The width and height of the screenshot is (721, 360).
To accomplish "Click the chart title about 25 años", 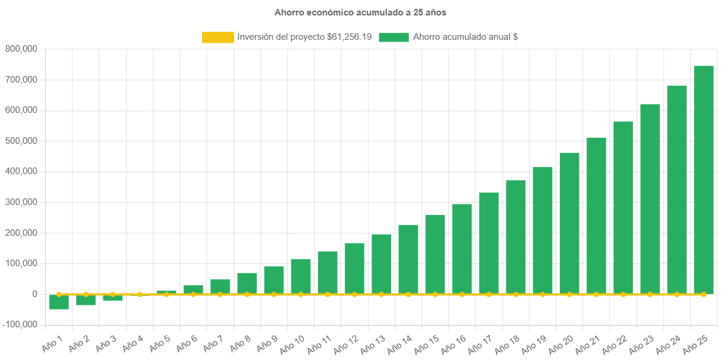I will click(x=360, y=12).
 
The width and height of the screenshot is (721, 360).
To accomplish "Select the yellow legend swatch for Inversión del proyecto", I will click(x=218, y=37).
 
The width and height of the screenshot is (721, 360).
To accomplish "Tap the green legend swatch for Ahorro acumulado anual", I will click(x=393, y=37).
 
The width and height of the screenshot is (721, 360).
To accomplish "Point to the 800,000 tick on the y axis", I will click(x=21, y=49).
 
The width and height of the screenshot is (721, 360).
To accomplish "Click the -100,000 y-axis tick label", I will click(x=20, y=324).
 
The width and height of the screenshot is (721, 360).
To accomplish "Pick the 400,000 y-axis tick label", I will click(x=21, y=171).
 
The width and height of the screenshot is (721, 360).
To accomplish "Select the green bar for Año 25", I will click(x=704, y=178).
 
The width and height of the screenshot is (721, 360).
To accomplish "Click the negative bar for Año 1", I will click(x=59, y=302).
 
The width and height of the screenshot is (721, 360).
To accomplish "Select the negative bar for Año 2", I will click(x=86, y=300).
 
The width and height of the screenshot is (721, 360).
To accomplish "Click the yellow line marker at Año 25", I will click(x=704, y=294).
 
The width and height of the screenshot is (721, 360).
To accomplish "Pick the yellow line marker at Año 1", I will click(x=59, y=294).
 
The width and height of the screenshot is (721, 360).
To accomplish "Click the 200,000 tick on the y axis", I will click(x=21, y=233).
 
